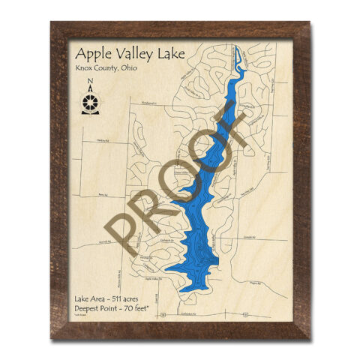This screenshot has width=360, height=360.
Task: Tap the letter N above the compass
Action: [x=90, y=82]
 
